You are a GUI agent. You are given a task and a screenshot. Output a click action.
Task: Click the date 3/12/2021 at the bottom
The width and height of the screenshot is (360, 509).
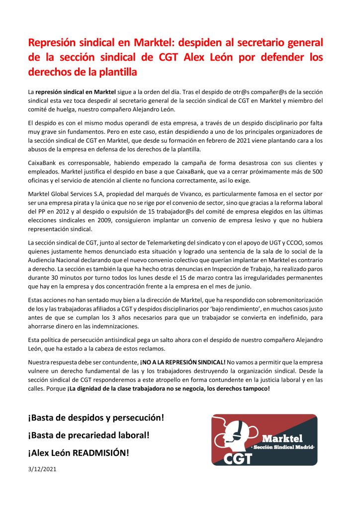pos(42,469)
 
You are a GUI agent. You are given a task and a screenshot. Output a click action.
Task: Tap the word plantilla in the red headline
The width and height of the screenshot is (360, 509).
pos(113,72)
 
